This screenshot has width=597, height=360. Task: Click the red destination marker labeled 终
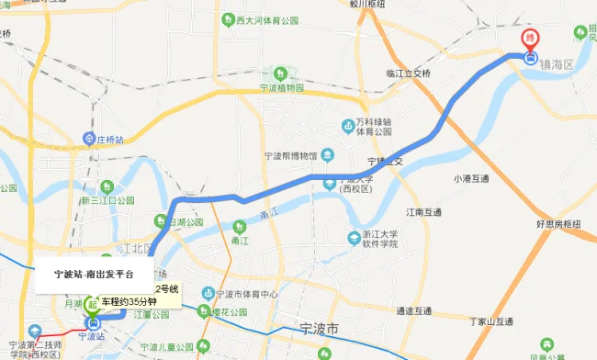click(x=531, y=39)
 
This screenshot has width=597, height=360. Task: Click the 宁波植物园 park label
click(x=281, y=88)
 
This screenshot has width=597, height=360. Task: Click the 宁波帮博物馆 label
click(x=289, y=156)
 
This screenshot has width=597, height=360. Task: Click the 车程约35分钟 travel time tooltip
click(x=135, y=301)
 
